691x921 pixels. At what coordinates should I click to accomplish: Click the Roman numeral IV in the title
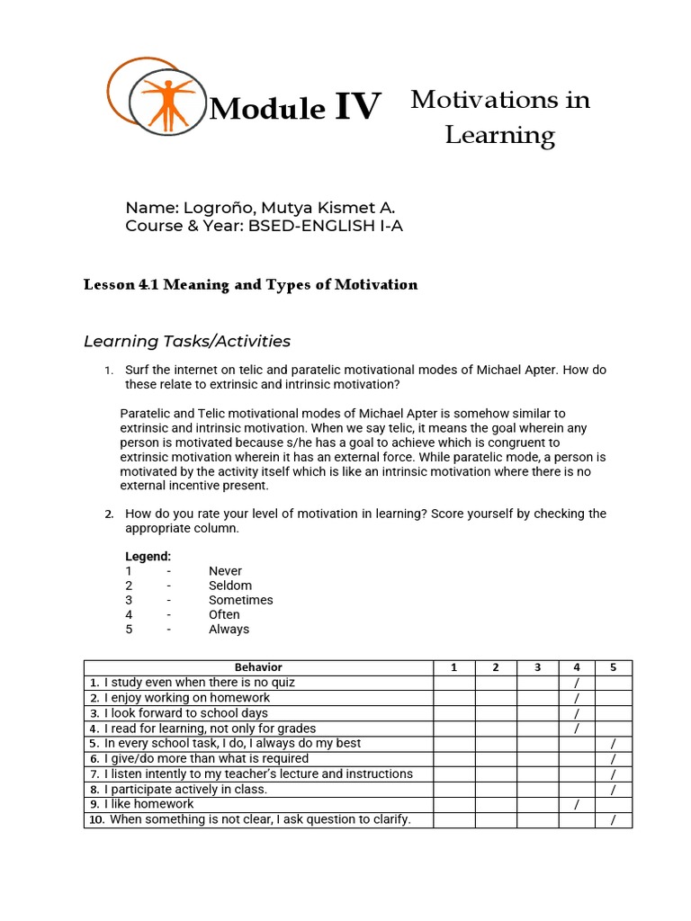(x=358, y=107)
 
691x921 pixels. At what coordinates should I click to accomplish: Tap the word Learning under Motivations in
(x=500, y=136)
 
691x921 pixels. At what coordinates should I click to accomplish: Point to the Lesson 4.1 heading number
(x=145, y=285)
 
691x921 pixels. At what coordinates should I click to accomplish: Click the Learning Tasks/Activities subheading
(x=187, y=341)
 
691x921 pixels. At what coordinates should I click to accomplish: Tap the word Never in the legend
(x=225, y=571)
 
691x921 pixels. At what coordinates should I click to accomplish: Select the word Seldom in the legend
(x=230, y=586)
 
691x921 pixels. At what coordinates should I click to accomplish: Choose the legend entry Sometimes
(x=240, y=600)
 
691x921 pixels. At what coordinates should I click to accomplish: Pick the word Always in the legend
(x=229, y=630)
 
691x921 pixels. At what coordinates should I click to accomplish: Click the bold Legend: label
(x=148, y=557)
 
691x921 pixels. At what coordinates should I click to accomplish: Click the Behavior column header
(x=258, y=667)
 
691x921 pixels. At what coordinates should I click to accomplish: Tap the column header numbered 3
(x=537, y=667)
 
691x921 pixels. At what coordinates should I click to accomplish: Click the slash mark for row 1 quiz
(x=576, y=683)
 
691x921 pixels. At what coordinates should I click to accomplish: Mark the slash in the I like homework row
(x=576, y=805)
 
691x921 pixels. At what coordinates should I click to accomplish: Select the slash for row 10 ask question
(x=613, y=820)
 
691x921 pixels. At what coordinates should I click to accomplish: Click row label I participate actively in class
(x=185, y=790)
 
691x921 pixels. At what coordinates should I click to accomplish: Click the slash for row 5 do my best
(x=613, y=744)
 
